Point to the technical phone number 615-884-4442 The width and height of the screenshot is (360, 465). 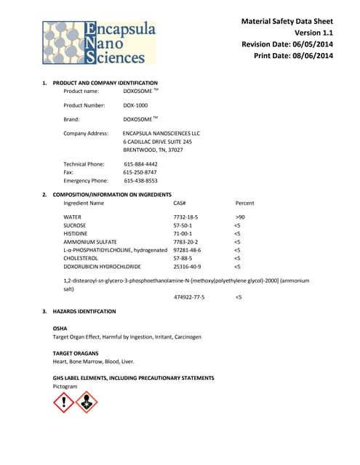pyautogui.click(x=140, y=164)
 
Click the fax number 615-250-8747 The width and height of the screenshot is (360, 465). pyautogui.click(x=140, y=172)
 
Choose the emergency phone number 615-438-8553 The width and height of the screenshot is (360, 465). pyautogui.click(x=140, y=180)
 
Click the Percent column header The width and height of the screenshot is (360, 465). pyautogui.click(x=245, y=203)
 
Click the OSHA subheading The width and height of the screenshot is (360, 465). pyautogui.click(x=60, y=328)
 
